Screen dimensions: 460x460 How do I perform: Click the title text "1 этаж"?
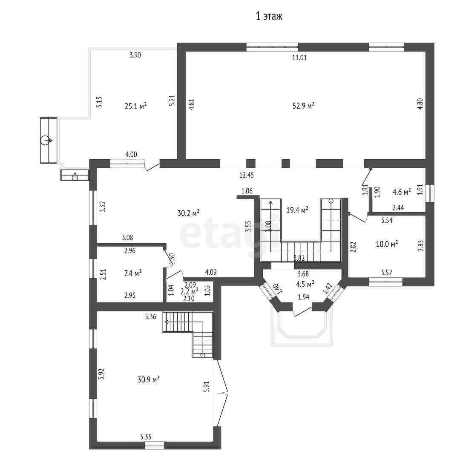(269, 16)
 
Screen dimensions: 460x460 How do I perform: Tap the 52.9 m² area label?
(303, 106)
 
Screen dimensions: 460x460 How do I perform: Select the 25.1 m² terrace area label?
(135, 106)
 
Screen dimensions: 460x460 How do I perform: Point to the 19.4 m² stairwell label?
(297, 210)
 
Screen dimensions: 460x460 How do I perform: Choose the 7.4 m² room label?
(133, 273)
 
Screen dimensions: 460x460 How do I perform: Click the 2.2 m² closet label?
(189, 291)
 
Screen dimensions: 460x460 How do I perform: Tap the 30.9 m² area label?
(149, 379)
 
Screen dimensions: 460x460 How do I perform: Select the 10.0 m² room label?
(387, 244)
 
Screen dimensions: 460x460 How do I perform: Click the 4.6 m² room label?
(402, 192)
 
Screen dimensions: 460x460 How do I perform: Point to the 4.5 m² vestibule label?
(305, 284)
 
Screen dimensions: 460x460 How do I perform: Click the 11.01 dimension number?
(299, 57)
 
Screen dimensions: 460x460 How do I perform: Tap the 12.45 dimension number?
(247, 175)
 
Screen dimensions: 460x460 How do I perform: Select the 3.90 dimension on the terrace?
(135, 55)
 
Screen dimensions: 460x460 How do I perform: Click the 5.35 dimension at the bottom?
(146, 437)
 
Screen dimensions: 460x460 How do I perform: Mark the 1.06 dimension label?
(247, 191)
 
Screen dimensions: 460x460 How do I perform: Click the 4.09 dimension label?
(211, 272)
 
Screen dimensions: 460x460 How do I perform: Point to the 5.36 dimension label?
(150, 316)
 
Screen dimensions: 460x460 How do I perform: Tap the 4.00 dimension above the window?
(131, 154)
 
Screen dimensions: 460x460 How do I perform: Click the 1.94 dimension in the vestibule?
(304, 297)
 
